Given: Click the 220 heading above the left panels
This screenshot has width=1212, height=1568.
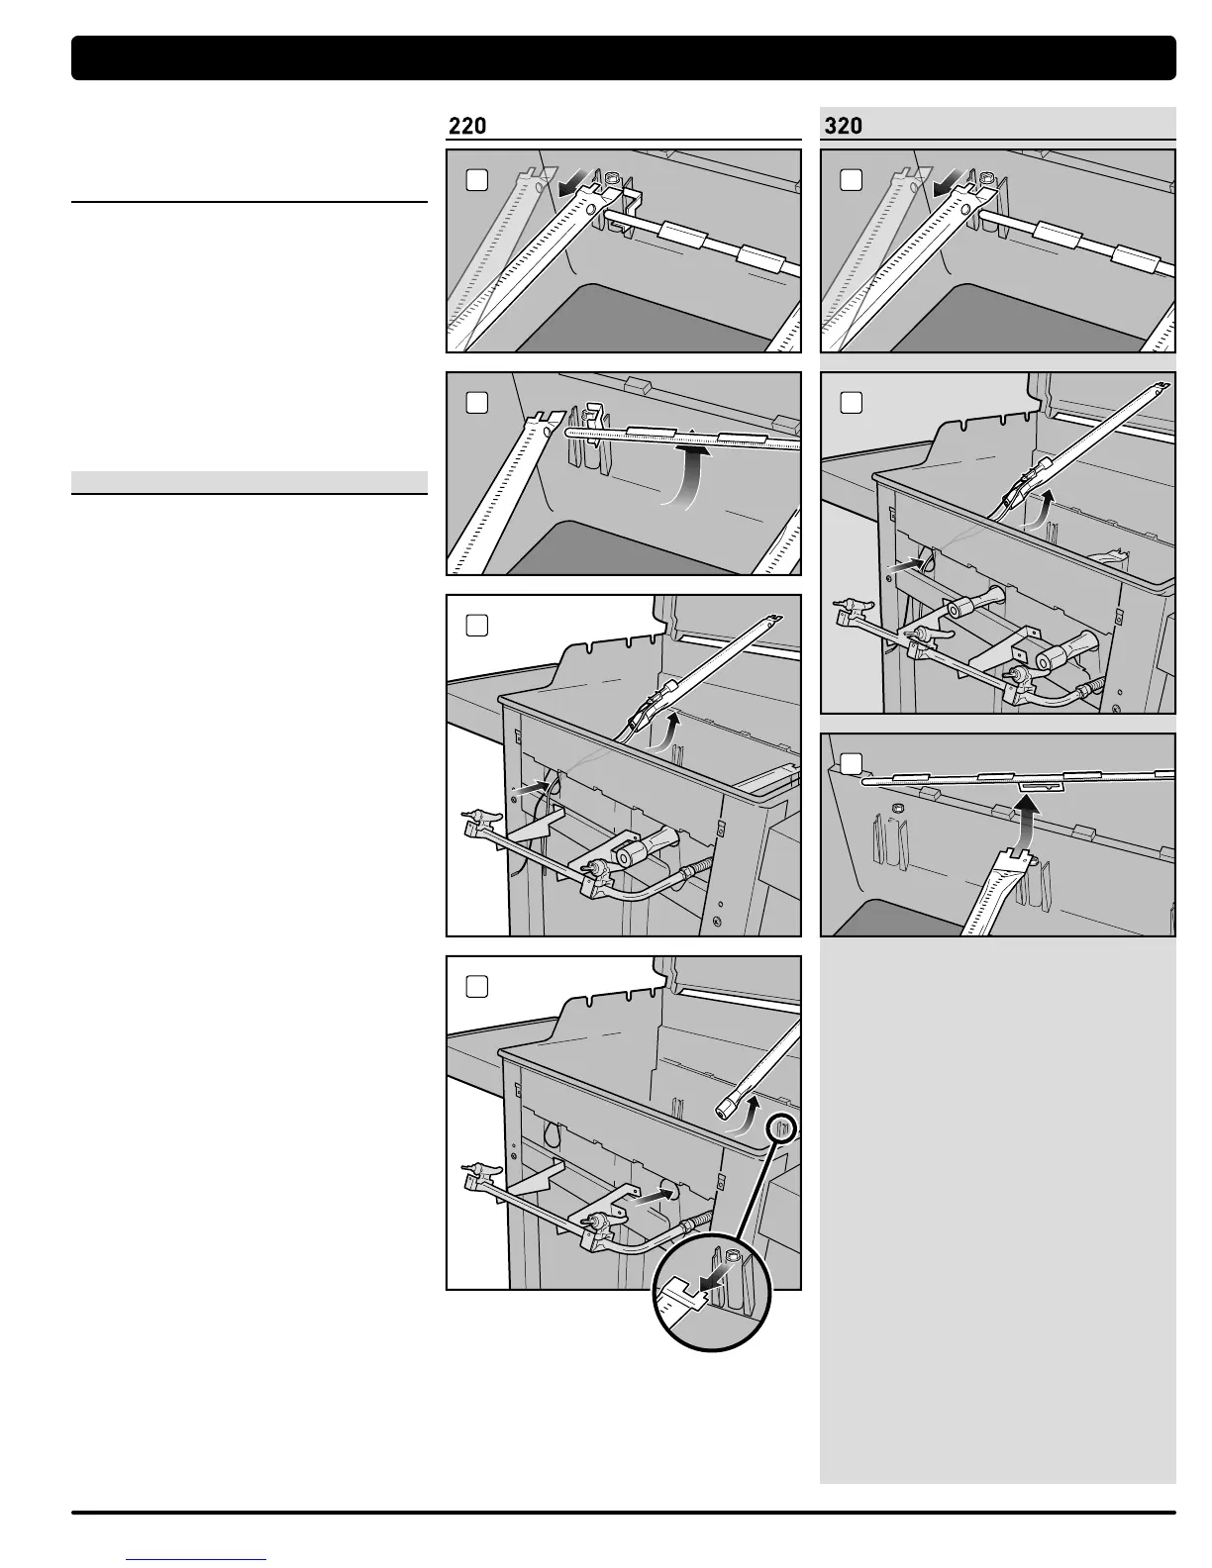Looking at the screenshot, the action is pyautogui.click(x=467, y=126).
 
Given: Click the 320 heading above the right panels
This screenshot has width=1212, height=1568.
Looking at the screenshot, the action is pyautogui.click(x=843, y=126).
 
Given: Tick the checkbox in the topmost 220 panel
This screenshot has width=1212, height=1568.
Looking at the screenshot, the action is pyautogui.click(x=477, y=180).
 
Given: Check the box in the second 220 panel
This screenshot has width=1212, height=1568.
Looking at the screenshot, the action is pyautogui.click(x=477, y=403).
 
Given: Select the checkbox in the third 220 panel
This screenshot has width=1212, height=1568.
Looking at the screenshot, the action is pyautogui.click(x=477, y=626).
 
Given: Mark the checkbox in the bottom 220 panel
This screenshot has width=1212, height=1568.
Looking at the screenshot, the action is pyautogui.click(x=477, y=987).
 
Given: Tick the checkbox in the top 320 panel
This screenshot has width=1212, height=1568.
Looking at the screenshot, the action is pyautogui.click(x=852, y=180).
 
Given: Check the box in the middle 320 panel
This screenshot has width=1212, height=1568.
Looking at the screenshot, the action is pyautogui.click(x=852, y=403).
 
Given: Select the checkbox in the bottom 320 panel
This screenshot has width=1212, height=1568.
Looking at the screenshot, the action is pyautogui.click(x=852, y=763).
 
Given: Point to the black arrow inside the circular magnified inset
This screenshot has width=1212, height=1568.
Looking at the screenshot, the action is pyautogui.click(x=713, y=1282).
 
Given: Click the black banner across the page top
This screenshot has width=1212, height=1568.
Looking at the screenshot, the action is pyautogui.click(x=624, y=58).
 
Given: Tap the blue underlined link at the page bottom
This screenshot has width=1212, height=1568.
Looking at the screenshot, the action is pyautogui.click(x=197, y=1558).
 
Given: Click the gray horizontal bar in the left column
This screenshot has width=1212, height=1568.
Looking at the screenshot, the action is pyautogui.click(x=250, y=482).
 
